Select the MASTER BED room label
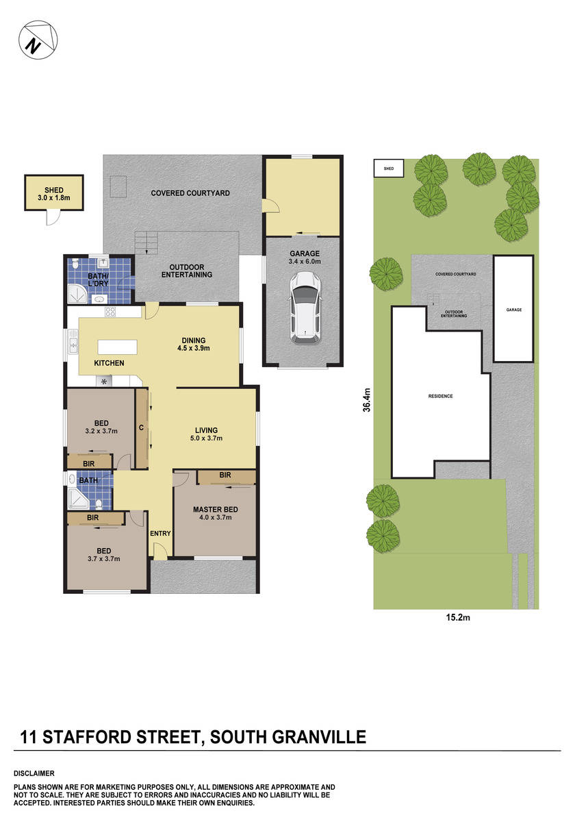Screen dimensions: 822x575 (216, 513)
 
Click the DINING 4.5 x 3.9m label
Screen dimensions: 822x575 (194, 344)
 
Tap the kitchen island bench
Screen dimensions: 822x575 (117, 346)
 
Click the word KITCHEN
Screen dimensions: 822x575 (109, 363)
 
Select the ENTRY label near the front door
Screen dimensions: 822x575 (160, 534)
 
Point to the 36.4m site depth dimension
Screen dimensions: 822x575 (367, 399)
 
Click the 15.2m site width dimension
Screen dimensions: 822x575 (457, 618)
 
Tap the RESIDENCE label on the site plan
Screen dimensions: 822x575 (440, 396)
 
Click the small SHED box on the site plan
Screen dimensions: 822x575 (388, 168)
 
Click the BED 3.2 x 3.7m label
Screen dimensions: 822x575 (101, 427)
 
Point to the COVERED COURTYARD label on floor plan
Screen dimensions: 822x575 (190, 193)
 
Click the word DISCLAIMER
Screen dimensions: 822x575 (34, 773)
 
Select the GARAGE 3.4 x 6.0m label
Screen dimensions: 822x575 (304, 257)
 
